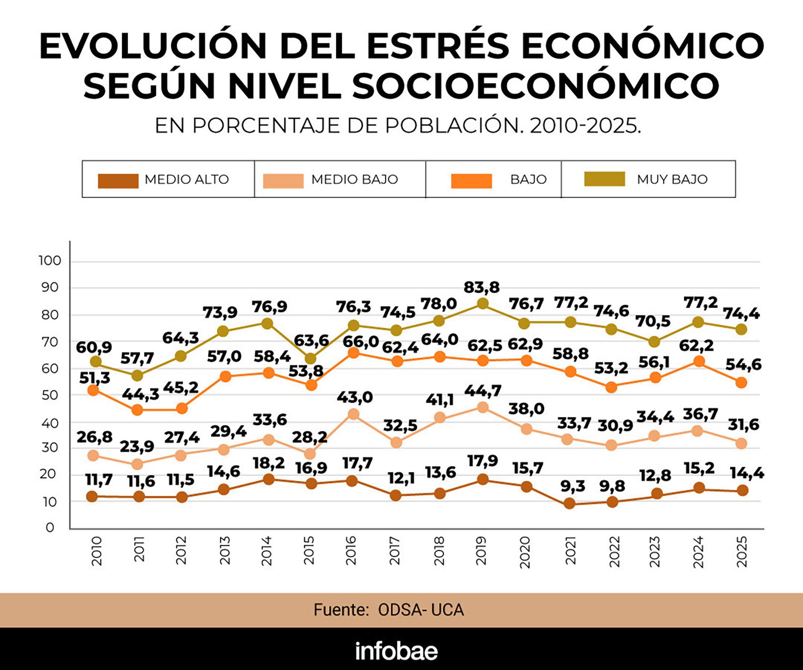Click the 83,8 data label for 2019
[481, 287]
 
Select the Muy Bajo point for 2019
[483, 304]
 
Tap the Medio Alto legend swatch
[118, 181]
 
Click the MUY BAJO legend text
[672, 179]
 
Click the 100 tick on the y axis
[50, 261]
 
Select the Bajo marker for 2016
[353, 353]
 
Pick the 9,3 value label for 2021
[573, 486]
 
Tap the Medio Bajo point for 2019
[483, 407]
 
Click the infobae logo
[396, 651]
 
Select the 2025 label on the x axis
[742, 552]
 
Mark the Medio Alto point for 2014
[269, 479]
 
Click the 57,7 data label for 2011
[137, 358]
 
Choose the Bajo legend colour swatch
[471, 181]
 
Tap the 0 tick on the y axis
[50, 527]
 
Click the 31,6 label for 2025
[743, 425]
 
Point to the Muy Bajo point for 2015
[310, 359]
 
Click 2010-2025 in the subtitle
[585, 125]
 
